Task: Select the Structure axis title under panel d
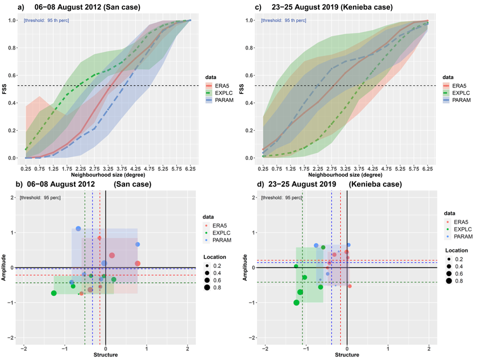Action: point(347,354)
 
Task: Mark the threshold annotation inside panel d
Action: point(281,198)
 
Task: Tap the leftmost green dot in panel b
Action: point(54,293)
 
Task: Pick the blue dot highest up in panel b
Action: point(78,228)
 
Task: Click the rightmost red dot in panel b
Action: point(137,263)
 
